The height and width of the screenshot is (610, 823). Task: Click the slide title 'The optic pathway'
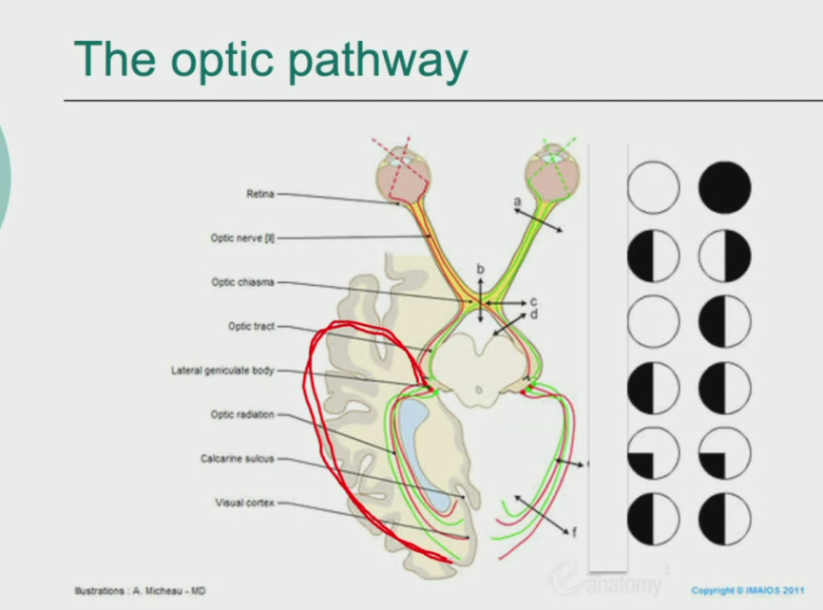[x=271, y=60]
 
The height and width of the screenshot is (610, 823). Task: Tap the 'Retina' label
[x=259, y=194]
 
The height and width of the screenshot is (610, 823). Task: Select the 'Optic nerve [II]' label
[x=242, y=238]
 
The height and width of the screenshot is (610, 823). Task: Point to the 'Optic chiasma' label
[x=243, y=282]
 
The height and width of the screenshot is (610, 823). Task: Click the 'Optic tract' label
[x=251, y=326]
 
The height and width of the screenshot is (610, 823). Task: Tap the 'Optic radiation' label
[x=242, y=414]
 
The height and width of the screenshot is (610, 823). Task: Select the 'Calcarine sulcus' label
[x=237, y=458]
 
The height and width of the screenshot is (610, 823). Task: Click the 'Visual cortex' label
[x=244, y=503]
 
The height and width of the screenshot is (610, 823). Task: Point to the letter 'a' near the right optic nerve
[x=517, y=201]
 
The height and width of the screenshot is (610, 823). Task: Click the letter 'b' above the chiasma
[x=480, y=270]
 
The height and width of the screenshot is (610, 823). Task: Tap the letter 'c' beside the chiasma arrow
[x=534, y=302]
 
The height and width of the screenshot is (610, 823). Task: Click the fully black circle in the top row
[x=725, y=186]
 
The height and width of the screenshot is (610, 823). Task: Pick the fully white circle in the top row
[x=653, y=186]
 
